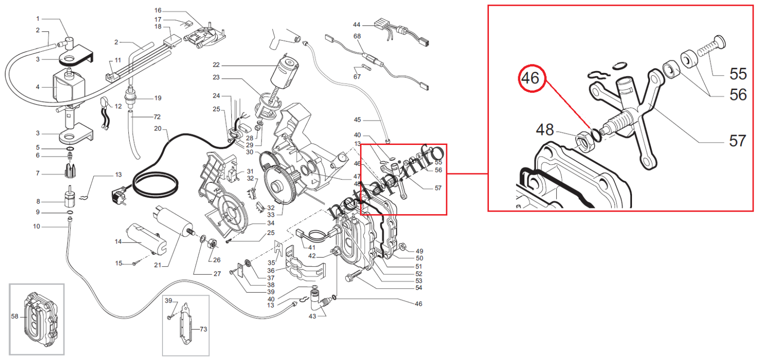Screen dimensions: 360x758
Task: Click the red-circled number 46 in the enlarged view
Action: pyautogui.click(x=531, y=78)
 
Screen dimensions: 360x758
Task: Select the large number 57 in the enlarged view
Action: pyautogui.click(x=737, y=141)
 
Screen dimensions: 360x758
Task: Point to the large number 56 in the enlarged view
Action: pyautogui.click(x=738, y=95)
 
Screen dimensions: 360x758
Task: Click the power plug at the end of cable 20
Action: pyautogui.click(x=119, y=197)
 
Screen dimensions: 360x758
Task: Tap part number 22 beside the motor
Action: pyautogui.click(x=216, y=65)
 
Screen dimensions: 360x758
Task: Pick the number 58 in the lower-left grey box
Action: pyautogui.click(x=15, y=316)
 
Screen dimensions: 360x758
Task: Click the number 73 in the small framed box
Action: pyautogui.click(x=203, y=329)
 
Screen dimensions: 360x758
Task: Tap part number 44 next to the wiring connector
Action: pyautogui.click(x=357, y=25)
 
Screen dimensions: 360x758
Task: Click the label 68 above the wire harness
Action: pyautogui.click(x=357, y=36)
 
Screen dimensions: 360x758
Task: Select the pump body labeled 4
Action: pyautogui.click(x=66, y=87)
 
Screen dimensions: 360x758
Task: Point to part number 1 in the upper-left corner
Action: pyautogui.click(x=38, y=19)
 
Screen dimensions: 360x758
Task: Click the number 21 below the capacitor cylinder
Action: pyautogui.click(x=158, y=265)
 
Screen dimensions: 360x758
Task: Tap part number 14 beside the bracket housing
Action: pyautogui.click(x=118, y=242)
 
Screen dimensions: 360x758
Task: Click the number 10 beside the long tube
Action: pyautogui.click(x=36, y=226)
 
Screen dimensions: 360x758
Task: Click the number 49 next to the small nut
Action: pyautogui.click(x=419, y=251)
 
